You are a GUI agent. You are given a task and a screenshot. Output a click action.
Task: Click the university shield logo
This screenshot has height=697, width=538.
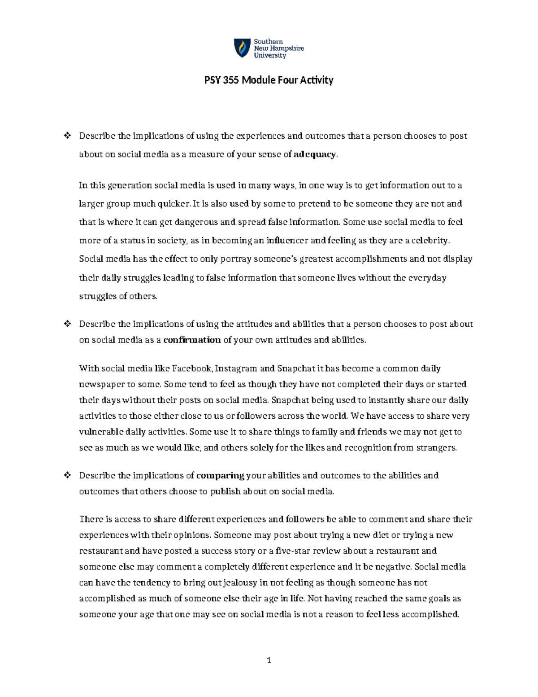(242, 48)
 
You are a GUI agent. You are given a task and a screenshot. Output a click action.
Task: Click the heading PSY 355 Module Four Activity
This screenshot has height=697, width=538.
(269, 80)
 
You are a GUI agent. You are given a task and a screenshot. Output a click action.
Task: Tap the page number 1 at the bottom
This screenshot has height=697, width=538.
(269, 660)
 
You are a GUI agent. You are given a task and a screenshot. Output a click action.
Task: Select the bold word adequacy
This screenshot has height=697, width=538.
(314, 154)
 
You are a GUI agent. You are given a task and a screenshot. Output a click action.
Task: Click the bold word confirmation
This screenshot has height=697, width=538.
(192, 340)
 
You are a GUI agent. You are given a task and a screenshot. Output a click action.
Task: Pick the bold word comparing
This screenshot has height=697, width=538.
(220, 475)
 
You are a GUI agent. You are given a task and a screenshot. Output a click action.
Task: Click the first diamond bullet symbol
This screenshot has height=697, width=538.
(68, 136)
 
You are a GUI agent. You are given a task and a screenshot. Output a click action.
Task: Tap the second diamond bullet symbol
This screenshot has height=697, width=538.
(68, 324)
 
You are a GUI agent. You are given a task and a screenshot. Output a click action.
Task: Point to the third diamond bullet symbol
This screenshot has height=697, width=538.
(68, 475)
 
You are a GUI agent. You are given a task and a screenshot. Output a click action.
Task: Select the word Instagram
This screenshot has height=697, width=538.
(236, 368)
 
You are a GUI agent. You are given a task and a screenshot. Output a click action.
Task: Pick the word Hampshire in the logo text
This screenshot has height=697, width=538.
(286, 48)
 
